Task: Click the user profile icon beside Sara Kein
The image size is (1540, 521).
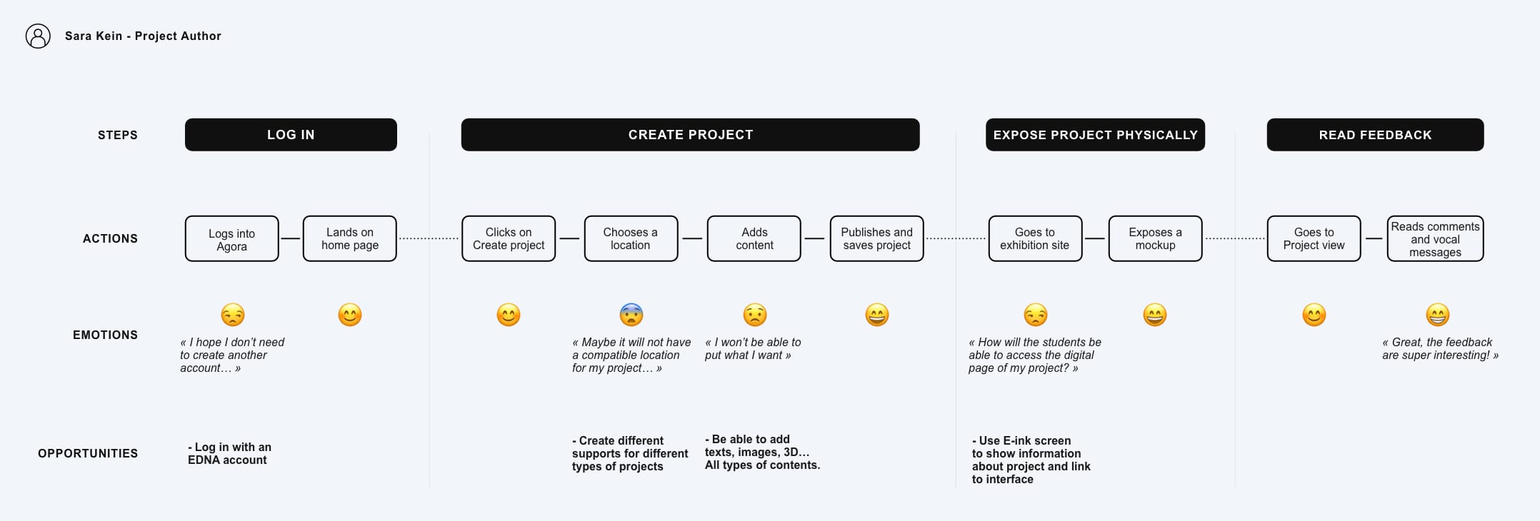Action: [x=38, y=36]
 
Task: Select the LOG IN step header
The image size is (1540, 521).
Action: [x=291, y=135]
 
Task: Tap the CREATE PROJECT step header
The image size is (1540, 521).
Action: [x=690, y=135]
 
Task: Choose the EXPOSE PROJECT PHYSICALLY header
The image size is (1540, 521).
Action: [x=1095, y=135]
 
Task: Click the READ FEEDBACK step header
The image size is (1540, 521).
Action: [x=1375, y=135]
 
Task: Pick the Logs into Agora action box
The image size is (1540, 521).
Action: [x=232, y=239]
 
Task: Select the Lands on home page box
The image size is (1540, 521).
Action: [x=350, y=239]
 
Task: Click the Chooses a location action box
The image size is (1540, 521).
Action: [x=631, y=239]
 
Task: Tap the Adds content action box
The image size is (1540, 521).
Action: [x=754, y=239]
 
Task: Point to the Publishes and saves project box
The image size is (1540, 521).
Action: [x=877, y=239]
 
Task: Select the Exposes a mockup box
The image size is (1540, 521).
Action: [x=1155, y=239]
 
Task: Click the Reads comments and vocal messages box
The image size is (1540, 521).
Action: [x=1435, y=239]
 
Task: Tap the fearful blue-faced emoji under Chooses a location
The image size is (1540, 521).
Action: [x=631, y=315]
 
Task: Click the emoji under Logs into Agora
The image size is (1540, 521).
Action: [x=233, y=315]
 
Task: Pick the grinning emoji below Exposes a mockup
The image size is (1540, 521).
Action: [x=1155, y=315]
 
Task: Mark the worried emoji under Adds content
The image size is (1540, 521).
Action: [x=755, y=315]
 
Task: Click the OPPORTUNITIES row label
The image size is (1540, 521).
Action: [x=88, y=454]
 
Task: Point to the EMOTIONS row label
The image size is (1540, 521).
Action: [x=105, y=335]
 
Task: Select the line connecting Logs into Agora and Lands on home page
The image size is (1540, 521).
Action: [x=291, y=238]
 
